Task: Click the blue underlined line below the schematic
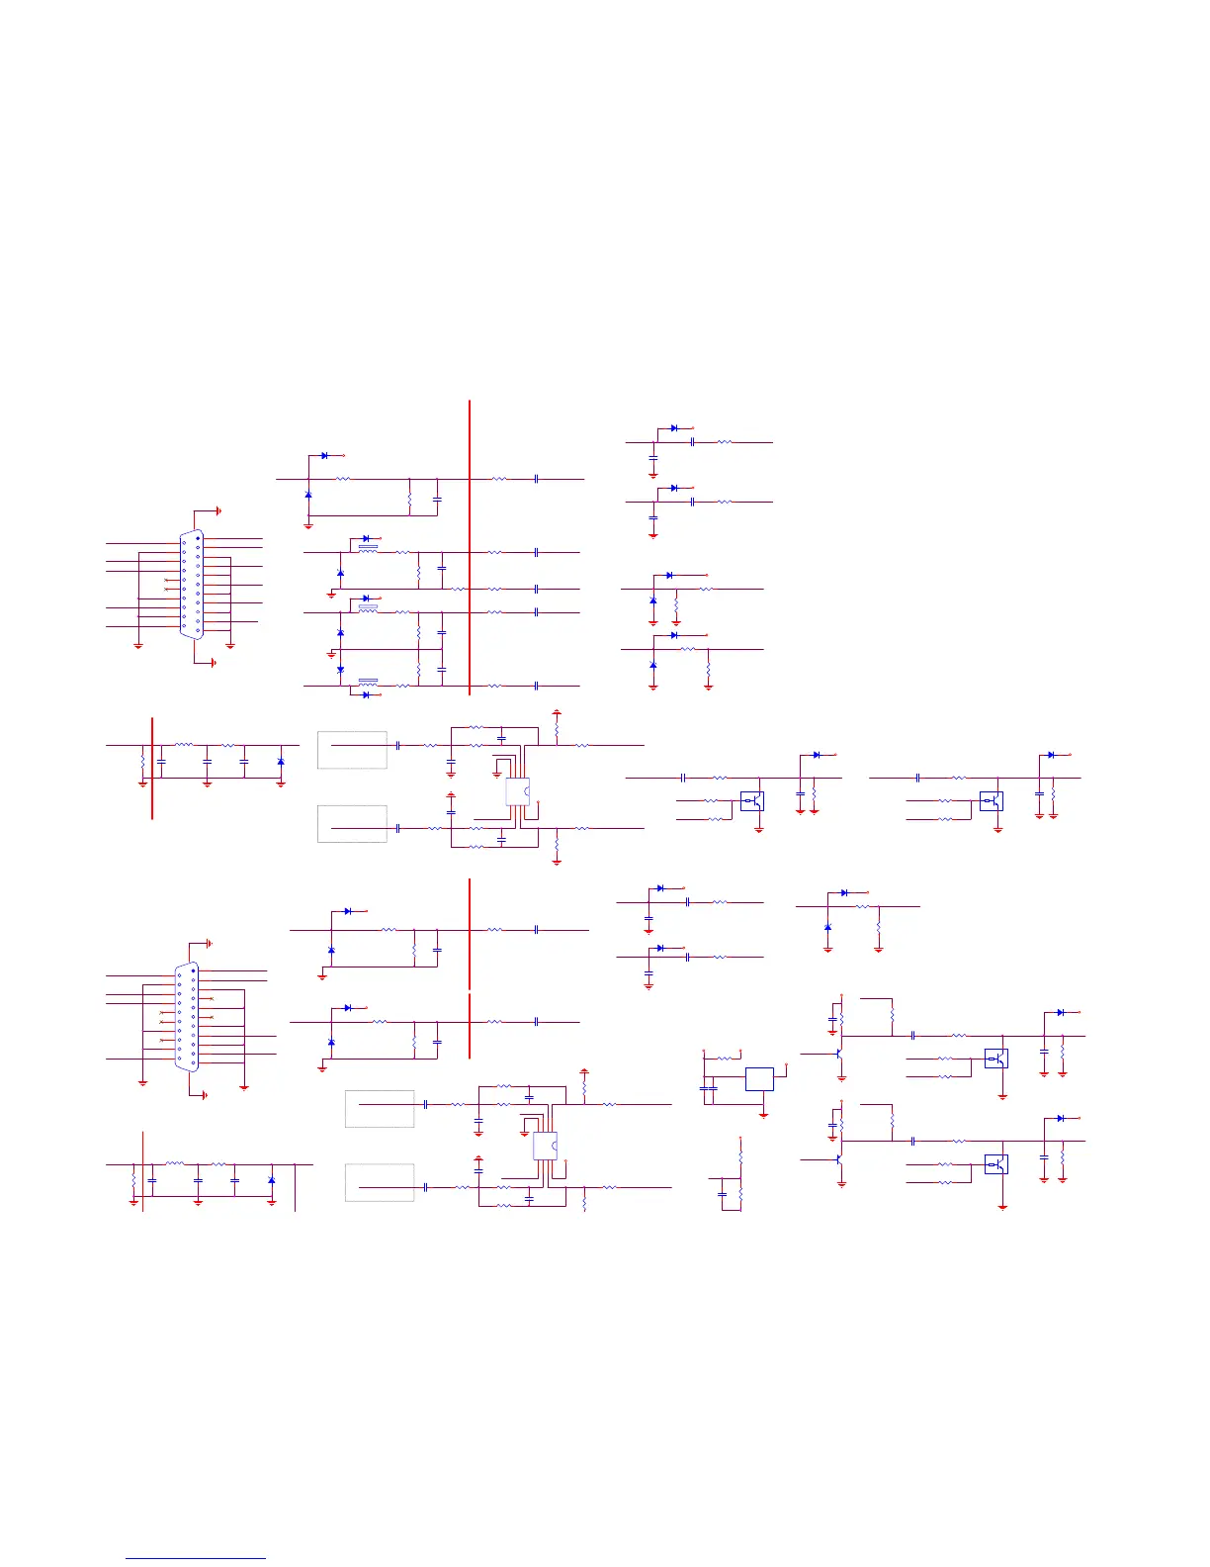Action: click(196, 1558)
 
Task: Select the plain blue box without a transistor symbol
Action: click(759, 1078)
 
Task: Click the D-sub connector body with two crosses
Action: click(192, 586)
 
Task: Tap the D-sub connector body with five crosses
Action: click(186, 1016)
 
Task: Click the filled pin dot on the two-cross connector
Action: click(198, 539)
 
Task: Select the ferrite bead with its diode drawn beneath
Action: click(368, 681)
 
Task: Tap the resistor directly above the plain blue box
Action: click(729, 1058)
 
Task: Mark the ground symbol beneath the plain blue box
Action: click(763, 1115)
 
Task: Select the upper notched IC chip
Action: click(517, 791)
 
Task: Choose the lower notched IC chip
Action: click(545, 1146)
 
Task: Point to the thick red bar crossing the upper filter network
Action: click(152, 769)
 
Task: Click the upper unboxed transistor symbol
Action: click(838, 1054)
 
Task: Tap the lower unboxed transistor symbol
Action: click(838, 1158)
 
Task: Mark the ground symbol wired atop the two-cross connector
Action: click(217, 510)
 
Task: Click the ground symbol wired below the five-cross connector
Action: click(204, 1095)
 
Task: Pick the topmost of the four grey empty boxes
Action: click(352, 750)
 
